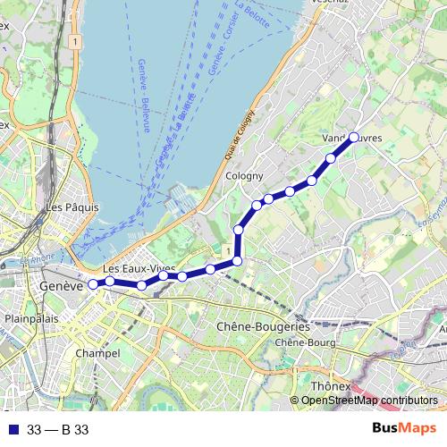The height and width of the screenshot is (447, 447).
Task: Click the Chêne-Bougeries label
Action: click(x=263, y=327)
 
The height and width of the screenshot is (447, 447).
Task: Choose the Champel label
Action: click(x=98, y=353)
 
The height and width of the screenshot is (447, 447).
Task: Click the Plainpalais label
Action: click(x=31, y=318)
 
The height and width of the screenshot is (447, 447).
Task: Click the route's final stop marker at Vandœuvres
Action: click(x=353, y=138)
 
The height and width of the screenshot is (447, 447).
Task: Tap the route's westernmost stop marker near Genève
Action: click(x=93, y=284)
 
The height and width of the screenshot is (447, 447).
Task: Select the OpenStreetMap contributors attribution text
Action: click(x=369, y=400)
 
